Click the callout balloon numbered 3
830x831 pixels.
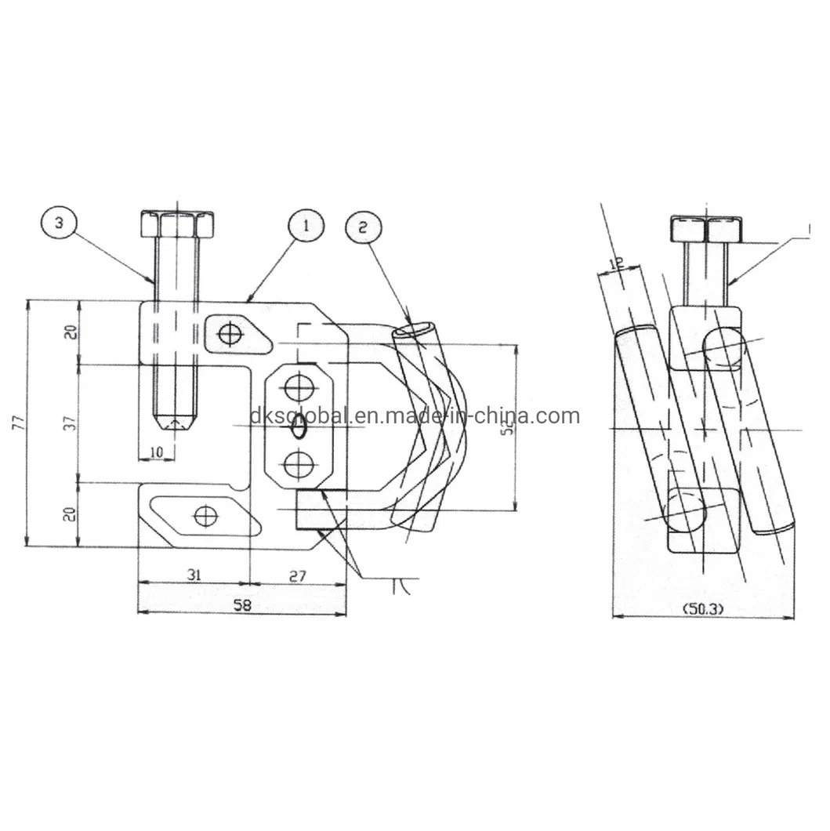pos(60,223)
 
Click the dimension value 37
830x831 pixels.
pos(71,423)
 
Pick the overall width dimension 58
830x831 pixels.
pos(242,604)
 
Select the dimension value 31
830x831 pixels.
pos(194,575)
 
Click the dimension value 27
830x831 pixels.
pos(298,575)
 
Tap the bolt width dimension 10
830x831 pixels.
pos(156,451)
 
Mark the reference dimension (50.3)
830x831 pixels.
pos(703,608)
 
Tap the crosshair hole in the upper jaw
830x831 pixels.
pos(229,335)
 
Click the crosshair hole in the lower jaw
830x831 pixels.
pos(206,516)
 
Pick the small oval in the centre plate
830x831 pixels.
pos(299,426)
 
